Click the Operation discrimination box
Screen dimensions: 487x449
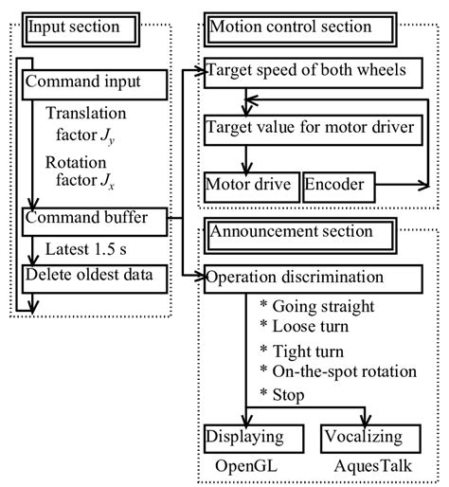point(313,278)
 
